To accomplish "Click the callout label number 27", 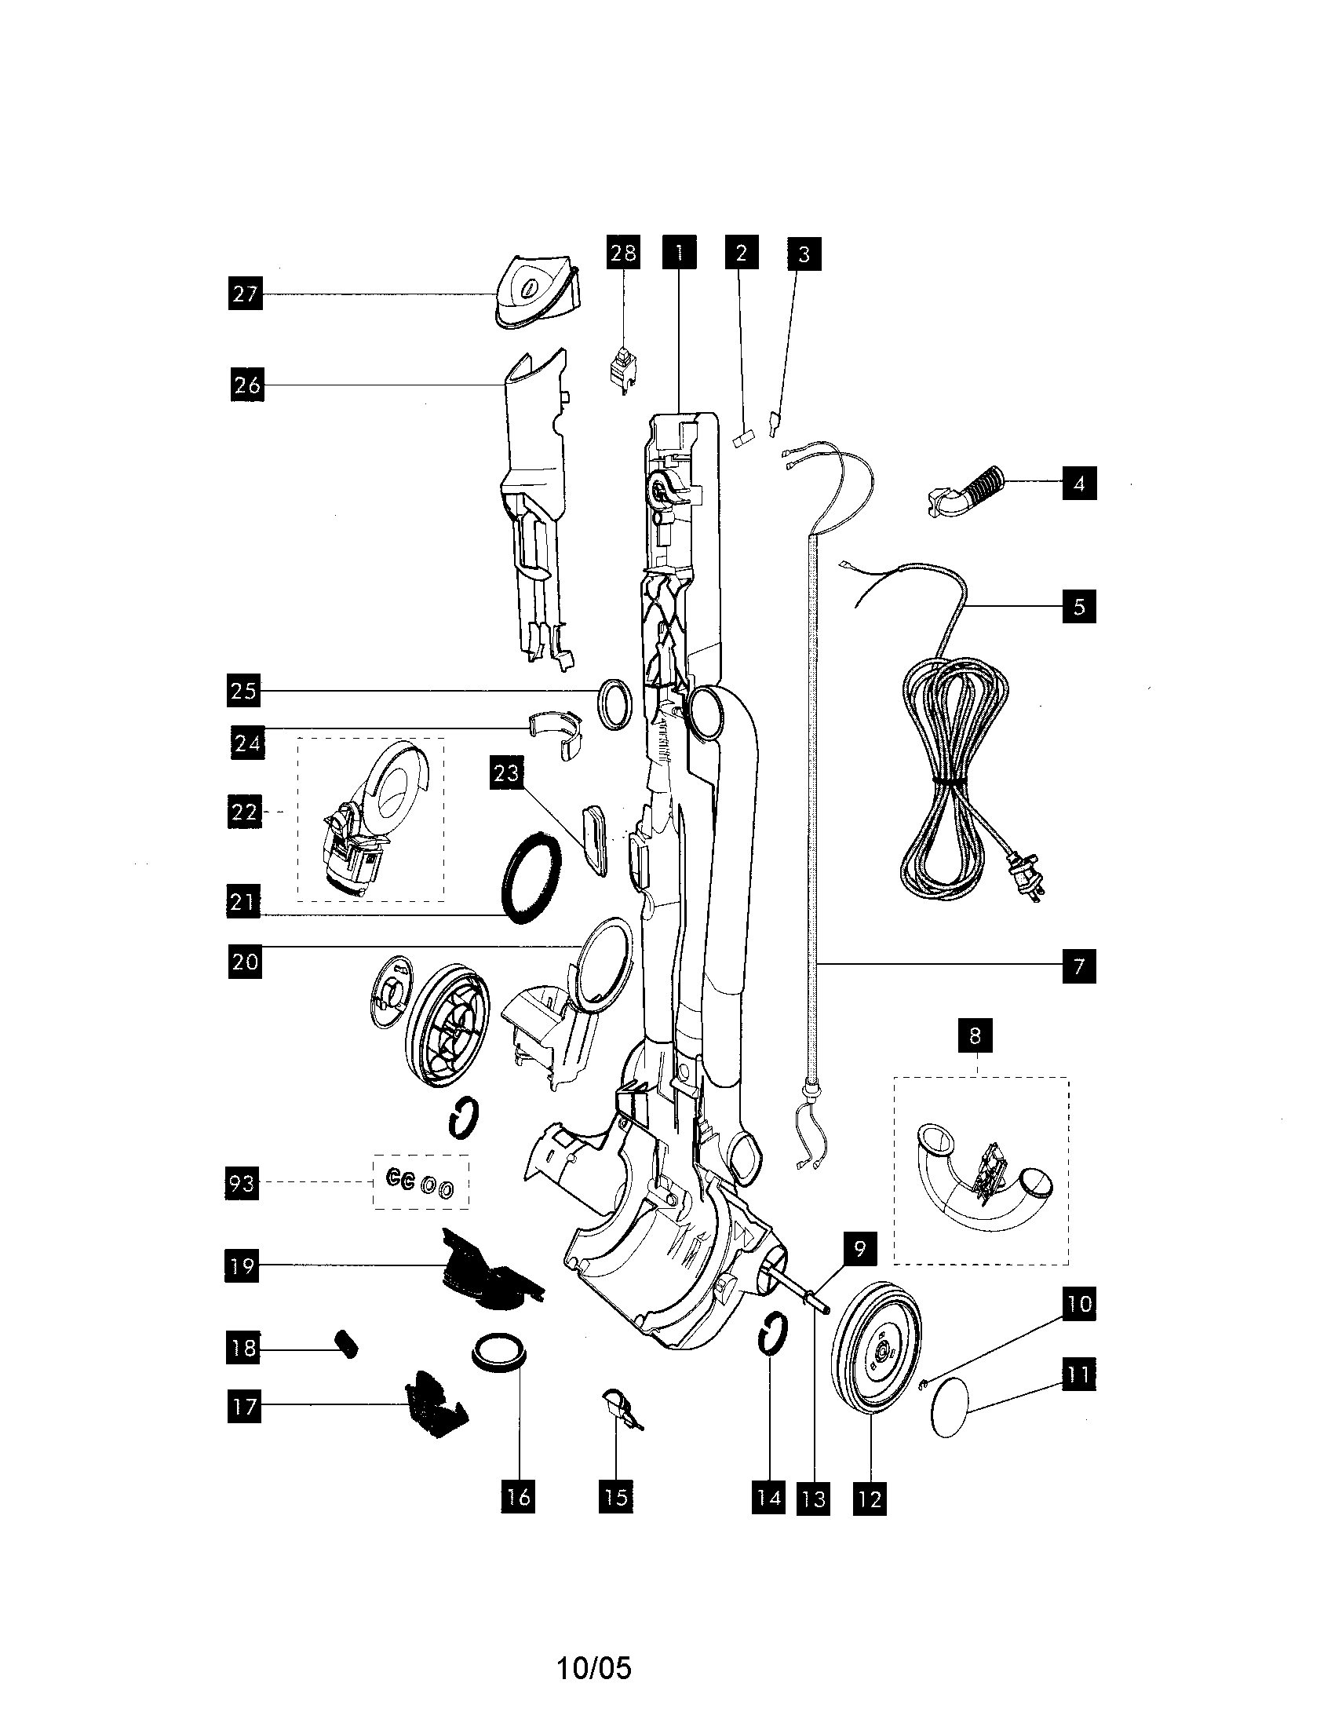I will coord(245,294).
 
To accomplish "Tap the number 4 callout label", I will coord(1079,483).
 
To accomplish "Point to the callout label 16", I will coord(519,1497).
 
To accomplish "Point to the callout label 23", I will coord(506,772).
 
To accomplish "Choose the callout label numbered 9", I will coord(860,1249).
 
